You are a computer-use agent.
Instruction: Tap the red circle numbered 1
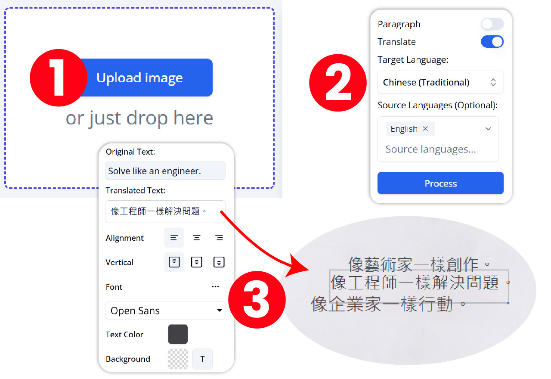[58, 78]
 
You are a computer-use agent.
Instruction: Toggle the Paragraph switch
[492, 24]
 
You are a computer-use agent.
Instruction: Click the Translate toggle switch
[492, 42]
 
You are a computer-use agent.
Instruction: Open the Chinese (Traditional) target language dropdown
[440, 82]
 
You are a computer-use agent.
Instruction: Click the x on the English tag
[425, 129]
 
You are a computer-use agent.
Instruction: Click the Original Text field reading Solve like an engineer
[165, 171]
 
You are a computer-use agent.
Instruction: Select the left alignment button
[174, 238]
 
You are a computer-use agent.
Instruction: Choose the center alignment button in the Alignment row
[197, 238]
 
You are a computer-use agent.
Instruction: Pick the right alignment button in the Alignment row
[219, 238]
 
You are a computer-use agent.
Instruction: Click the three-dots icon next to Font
[216, 287]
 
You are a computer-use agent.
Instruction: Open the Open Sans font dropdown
[165, 311]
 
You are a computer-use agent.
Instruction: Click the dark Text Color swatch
[178, 335]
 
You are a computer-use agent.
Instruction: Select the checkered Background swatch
[178, 359]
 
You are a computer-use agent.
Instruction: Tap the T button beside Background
[202, 359]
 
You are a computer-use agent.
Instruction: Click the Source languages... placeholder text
[430, 149]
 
